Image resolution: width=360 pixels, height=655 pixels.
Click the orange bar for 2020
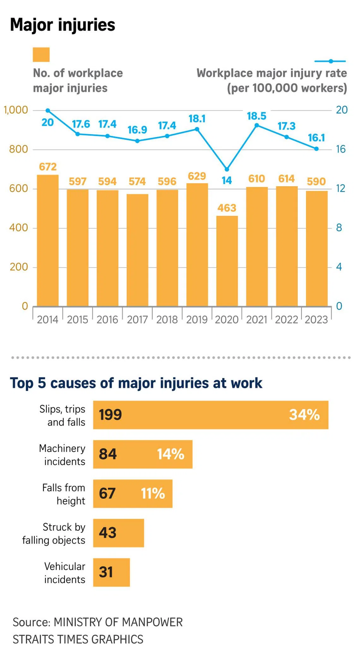(x=227, y=261)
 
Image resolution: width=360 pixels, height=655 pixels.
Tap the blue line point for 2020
(x=227, y=170)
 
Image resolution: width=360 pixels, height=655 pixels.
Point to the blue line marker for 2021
(x=257, y=125)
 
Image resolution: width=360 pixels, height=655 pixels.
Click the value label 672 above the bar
(x=48, y=167)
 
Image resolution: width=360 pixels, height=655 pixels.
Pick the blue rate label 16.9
(x=137, y=130)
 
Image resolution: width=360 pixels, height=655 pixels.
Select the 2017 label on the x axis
(x=137, y=320)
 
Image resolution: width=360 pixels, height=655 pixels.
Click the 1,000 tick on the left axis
(x=16, y=110)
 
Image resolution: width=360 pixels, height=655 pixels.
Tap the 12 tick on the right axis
(x=340, y=188)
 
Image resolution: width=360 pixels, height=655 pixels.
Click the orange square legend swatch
(x=41, y=55)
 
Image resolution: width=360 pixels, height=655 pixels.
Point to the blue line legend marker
(x=330, y=61)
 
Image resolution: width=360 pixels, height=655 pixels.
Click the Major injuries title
(x=63, y=25)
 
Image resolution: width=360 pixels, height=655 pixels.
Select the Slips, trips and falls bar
(x=211, y=415)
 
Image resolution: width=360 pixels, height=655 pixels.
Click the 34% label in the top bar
(x=304, y=415)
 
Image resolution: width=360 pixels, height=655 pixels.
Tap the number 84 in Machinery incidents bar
(x=108, y=454)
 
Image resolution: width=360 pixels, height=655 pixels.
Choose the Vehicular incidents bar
(x=111, y=572)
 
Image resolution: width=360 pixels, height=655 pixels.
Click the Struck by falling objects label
(x=54, y=533)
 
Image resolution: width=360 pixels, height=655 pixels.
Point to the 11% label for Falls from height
(x=153, y=493)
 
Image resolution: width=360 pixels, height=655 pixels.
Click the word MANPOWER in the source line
(x=152, y=622)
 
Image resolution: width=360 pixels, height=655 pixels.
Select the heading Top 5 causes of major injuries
(x=136, y=383)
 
